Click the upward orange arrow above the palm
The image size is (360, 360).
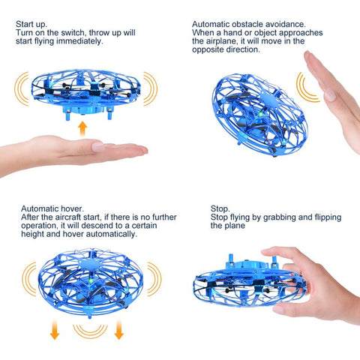82,129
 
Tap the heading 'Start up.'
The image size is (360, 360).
31,24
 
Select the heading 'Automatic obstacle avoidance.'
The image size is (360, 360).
249,24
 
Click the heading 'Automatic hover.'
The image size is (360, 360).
52,208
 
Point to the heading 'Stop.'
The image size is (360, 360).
220,208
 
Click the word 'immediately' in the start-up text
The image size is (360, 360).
79,41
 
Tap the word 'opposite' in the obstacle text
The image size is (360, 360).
208,49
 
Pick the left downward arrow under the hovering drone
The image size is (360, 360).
55,330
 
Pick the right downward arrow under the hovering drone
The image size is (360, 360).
119,330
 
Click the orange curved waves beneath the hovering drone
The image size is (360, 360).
90,332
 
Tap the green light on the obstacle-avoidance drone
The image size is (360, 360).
260,115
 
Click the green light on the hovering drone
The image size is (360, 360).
91,281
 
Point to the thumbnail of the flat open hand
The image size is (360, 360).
98,147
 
